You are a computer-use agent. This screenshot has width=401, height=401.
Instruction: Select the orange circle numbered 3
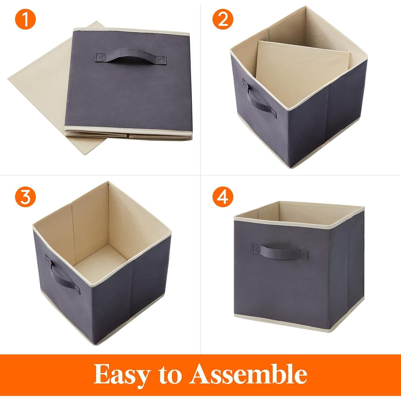click(25, 198)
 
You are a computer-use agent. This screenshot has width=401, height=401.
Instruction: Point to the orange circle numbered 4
click(223, 198)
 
